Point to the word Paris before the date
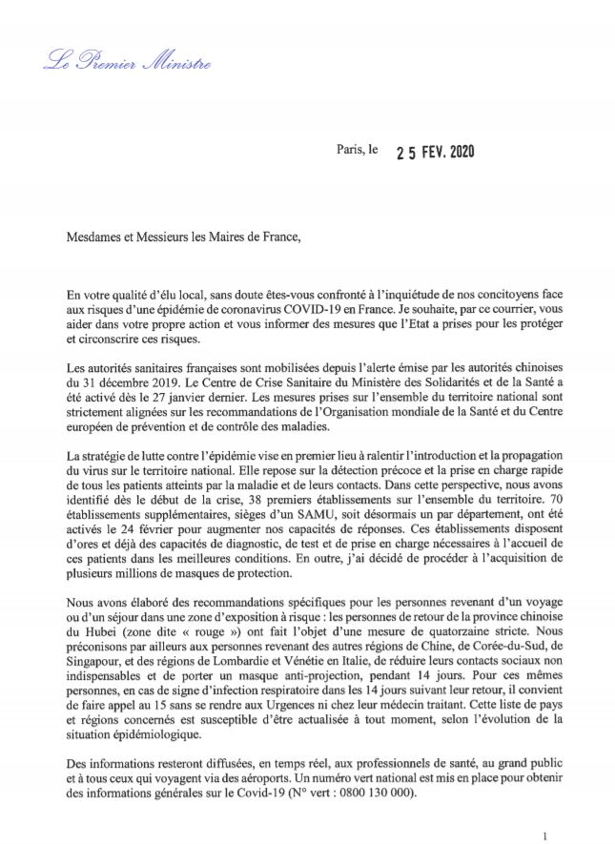click(x=352, y=151)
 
